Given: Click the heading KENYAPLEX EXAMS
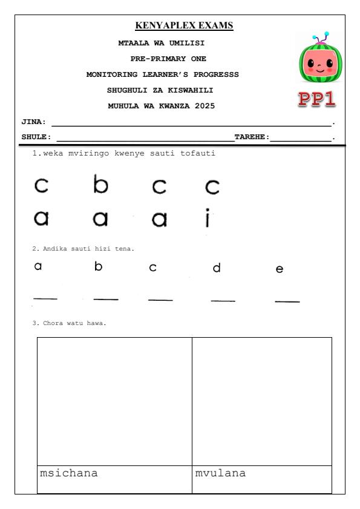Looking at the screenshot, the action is [184, 25].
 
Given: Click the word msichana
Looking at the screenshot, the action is [68, 473].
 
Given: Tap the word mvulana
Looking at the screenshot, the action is [220, 473].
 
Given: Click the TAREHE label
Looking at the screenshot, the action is [252, 137].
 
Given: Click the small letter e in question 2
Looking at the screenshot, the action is [279, 269].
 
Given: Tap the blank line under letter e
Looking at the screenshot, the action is [287, 301].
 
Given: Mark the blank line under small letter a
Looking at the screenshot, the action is [45, 298].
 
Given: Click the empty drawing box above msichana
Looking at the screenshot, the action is [114, 401].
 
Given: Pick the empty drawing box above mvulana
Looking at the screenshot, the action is [262, 401].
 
